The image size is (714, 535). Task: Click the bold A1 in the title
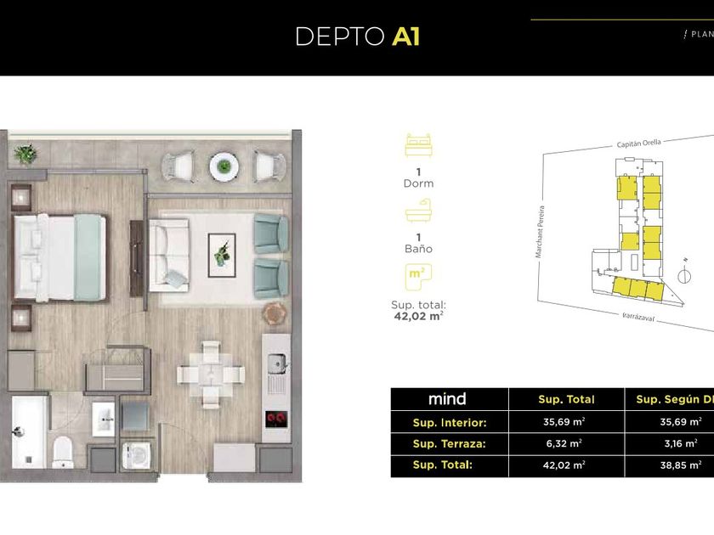[405, 37]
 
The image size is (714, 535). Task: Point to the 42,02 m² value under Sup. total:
[418, 316]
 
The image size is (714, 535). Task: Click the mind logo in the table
[447, 399]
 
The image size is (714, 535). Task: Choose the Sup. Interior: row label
[449, 421]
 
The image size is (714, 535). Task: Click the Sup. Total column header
[566, 399]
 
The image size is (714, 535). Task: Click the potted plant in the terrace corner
[25, 154]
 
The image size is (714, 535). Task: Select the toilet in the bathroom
[65, 451]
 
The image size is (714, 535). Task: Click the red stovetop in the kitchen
[276, 418]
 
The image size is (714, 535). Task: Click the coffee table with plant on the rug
[222, 251]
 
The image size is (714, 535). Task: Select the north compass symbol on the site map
[684, 275]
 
